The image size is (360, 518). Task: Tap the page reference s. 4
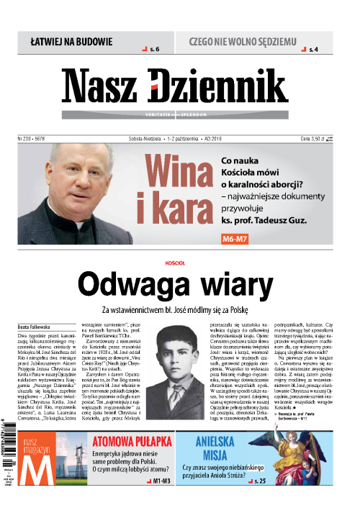pyautogui.click(x=312, y=50)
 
